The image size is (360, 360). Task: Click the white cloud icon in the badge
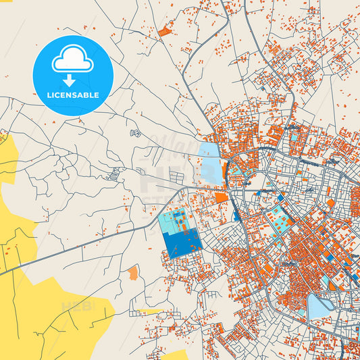(x=72, y=61)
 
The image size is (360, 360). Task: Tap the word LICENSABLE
(x=72, y=95)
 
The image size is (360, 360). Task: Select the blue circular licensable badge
(x=72, y=75)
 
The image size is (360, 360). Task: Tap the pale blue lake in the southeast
(x=316, y=306)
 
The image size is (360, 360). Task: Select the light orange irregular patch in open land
(x=133, y=273)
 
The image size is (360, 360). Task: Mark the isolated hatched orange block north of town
(x=164, y=30)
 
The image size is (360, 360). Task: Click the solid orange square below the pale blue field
(x=221, y=197)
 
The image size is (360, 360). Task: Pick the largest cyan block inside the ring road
(x=278, y=217)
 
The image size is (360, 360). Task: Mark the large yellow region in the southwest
(x=41, y=297)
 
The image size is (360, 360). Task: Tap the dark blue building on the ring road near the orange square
(x=236, y=215)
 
